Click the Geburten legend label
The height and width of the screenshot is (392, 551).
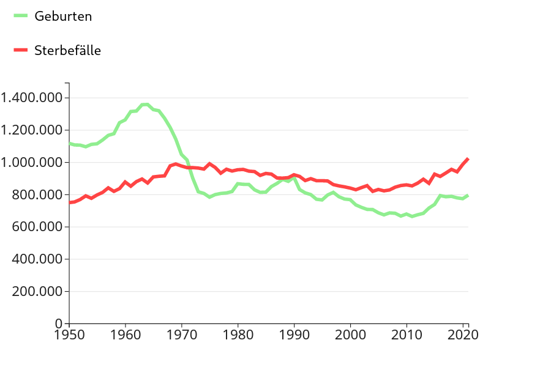63,17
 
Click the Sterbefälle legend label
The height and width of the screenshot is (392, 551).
67,51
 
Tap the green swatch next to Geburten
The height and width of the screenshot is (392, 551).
21,16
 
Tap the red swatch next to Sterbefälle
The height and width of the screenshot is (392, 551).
21,50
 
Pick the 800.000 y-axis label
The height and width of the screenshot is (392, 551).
37,194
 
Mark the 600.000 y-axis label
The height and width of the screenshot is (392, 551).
37,227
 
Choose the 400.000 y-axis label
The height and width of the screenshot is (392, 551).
37,259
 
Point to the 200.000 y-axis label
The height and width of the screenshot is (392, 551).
37,292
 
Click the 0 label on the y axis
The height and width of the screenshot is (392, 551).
59,323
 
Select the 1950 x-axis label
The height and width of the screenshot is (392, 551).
69,335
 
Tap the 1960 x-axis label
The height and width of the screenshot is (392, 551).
126,335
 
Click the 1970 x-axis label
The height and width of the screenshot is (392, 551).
182,335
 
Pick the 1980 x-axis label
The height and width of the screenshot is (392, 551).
238,335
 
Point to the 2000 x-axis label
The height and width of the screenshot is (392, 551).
350,335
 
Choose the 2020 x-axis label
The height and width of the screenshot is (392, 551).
463,335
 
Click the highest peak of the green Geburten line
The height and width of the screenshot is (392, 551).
146,104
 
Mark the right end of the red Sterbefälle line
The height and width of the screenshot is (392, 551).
468,158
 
